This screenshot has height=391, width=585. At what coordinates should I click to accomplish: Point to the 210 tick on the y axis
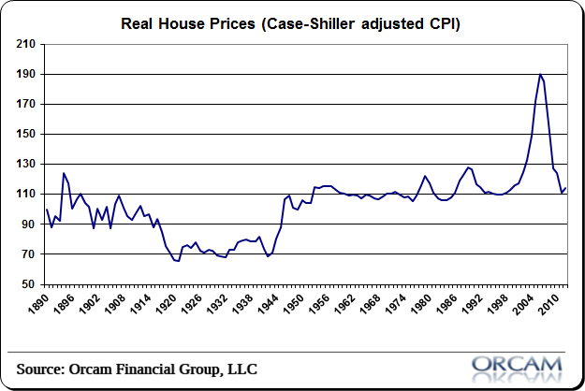[x=25, y=44]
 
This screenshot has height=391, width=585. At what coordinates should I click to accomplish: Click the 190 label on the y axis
[x=25, y=74]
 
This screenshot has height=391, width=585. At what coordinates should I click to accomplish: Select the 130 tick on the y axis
[x=25, y=164]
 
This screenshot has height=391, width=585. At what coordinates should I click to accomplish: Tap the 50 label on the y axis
[x=28, y=283]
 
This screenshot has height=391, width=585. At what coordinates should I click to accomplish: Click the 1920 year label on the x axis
[x=175, y=305]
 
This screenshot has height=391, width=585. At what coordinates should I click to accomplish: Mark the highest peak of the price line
[x=541, y=74]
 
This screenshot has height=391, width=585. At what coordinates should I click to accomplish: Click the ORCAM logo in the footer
[x=517, y=364]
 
